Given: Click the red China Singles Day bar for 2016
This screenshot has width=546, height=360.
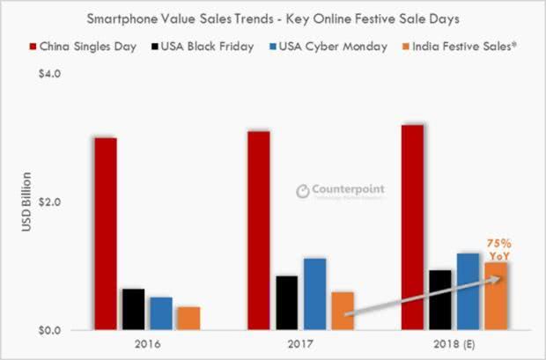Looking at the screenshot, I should tap(106, 234).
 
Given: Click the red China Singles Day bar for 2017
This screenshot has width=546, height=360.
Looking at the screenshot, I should tap(259, 231).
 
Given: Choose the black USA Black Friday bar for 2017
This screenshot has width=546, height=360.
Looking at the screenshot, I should tap(287, 303).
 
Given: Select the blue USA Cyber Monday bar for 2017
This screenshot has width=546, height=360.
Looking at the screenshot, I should tap(314, 294).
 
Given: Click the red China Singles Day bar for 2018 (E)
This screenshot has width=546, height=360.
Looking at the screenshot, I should tap(412, 227).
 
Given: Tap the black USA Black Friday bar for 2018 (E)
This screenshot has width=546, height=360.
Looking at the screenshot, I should tap(440, 300).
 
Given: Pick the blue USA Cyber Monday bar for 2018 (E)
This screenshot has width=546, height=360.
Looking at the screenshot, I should tap(468, 291).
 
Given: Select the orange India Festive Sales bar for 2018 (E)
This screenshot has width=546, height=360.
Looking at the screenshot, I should tap(495, 296).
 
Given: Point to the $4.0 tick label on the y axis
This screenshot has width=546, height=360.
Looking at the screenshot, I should tap(47, 74).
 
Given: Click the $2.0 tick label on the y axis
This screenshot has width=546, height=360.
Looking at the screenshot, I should tap(47, 202).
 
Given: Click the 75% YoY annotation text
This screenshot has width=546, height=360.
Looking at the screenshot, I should tap(498, 249).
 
